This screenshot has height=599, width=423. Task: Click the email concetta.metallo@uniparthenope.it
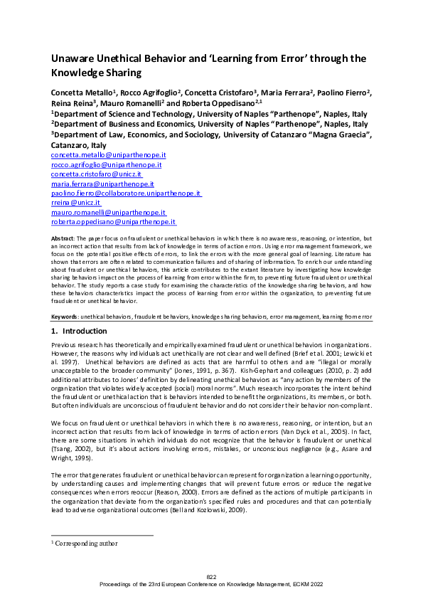coord(108,154)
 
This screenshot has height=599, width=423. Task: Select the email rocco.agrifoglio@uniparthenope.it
coord(106,164)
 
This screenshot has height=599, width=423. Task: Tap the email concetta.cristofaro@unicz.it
coord(97,174)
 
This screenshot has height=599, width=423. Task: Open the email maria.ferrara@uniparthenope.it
coord(103,184)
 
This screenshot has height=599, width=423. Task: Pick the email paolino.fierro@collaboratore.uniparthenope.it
coord(126,193)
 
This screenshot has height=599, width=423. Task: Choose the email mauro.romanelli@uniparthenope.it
coord(108,212)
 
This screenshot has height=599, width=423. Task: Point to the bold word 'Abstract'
coord(63,238)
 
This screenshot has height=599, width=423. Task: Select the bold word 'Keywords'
coord(65,315)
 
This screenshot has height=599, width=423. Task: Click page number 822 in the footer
coord(211,576)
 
